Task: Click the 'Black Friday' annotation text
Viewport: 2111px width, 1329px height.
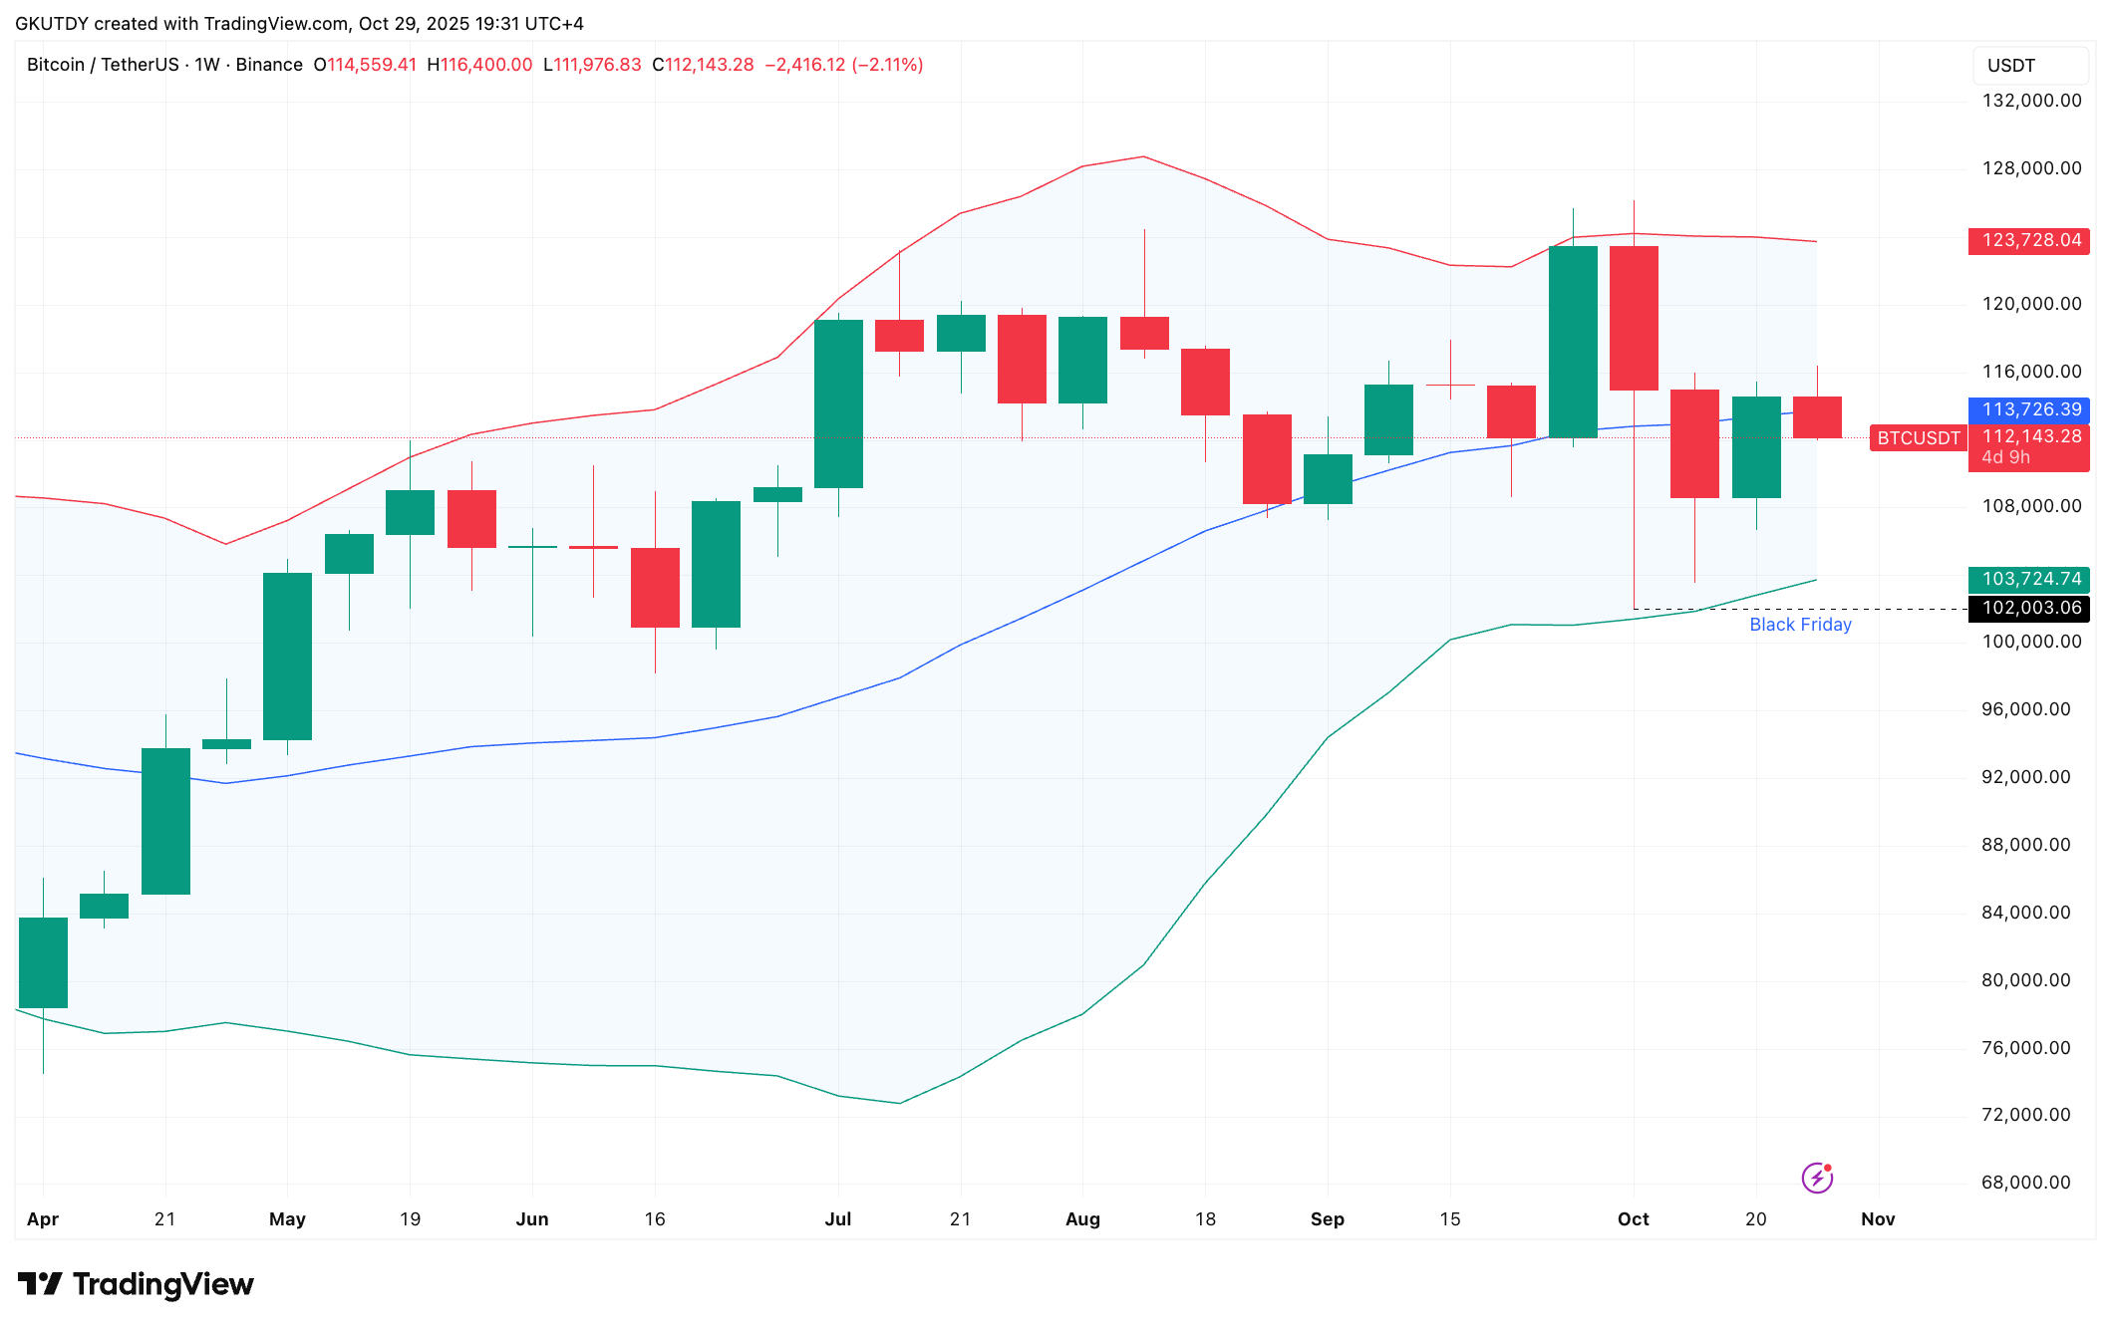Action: (x=1800, y=625)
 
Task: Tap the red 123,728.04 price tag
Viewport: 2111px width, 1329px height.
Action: (x=2028, y=240)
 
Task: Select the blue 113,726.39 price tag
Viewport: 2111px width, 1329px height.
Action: (x=2028, y=409)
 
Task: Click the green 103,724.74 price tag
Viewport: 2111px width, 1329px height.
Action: (x=2028, y=579)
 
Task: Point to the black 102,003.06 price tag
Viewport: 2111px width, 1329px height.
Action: (x=2028, y=608)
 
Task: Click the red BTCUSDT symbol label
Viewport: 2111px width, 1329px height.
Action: (x=1918, y=438)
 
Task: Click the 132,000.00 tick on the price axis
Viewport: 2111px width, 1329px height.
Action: (x=2031, y=101)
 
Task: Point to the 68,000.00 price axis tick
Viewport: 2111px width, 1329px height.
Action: (x=2025, y=1183)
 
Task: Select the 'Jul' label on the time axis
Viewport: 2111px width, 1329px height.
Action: (x=838, y=1219)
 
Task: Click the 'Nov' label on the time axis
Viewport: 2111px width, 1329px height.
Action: (x=1878, y=1219)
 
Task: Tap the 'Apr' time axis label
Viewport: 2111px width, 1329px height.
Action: (x=43, y=1219)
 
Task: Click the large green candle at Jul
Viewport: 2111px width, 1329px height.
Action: (x=838, y=403)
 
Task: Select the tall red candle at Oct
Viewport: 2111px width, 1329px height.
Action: (x=1634, y=318)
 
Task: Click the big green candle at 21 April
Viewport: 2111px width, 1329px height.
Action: (x=165, y=821)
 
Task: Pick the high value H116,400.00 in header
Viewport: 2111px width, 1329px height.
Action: (x=479, y=65)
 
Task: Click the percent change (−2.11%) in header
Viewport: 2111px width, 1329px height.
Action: (x=887, y=65)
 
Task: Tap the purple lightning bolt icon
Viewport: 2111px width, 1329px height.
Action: (x=1817, y=1179)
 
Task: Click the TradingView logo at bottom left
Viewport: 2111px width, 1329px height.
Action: (x=136, y=1284)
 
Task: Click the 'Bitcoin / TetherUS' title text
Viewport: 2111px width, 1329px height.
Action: (x=103, y=65)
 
